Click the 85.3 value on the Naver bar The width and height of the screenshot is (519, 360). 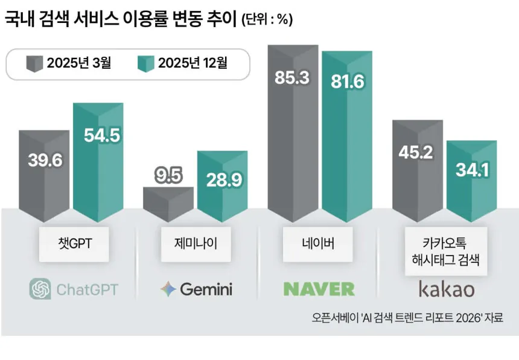pos(293,78)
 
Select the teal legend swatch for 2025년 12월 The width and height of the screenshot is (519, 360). pos(145,63)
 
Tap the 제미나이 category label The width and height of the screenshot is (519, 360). pos(196,243)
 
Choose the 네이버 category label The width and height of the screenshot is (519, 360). pos(317,243)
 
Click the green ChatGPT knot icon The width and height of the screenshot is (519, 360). pos(40,289)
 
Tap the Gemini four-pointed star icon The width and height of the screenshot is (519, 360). pos(168,289)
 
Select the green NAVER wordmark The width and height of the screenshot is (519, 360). pos(319,289)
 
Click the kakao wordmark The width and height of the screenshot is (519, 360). pos(447,289)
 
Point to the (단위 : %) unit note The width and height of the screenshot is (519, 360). pos(267,20)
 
